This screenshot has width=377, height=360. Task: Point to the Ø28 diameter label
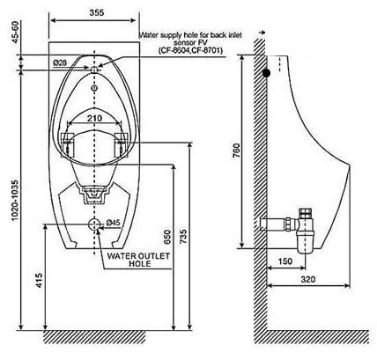(x=60, y=62)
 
